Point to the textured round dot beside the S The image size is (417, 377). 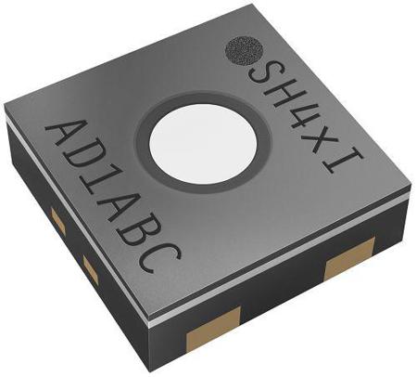pos(245,51)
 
